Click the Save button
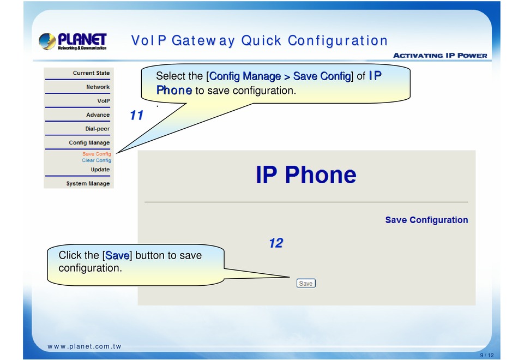pos(306,283)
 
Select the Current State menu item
pos(91,73)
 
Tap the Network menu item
pos(98,87)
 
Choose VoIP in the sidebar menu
pos(104,101)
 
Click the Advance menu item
pos(98,115)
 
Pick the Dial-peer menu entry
pos(98,129)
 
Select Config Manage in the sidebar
pos(89,142)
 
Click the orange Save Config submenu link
pos(97,154)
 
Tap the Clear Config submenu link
pos(97,160)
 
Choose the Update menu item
pos(100,170)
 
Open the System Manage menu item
pos(88,183)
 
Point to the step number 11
pos(136,115)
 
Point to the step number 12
pos(276,243)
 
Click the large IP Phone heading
pos(306,175)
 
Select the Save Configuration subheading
pos(426,220)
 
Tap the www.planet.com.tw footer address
pos(84,346)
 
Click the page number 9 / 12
pos(487,355)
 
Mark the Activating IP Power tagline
pos(440,55)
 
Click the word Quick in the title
pos(261,41)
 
